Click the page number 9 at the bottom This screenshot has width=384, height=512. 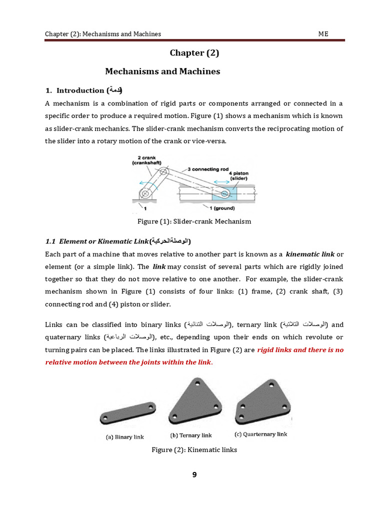pos(194,475)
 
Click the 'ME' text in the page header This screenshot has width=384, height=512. pos(323,34)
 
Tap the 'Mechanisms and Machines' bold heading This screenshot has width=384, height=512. pos(162,71)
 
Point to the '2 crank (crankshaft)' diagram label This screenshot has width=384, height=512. pos(146,160)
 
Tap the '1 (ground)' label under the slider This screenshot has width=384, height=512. pos(222,208)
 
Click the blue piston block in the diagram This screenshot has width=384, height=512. pos(222,193)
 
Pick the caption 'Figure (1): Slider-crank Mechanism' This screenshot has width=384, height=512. pos(194,221)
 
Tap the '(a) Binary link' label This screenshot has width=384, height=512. pos(124,437)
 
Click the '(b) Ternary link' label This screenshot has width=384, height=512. pos(191,435)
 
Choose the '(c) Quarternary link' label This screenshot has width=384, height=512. pos(261,434)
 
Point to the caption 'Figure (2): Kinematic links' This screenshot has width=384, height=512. pos(194,450)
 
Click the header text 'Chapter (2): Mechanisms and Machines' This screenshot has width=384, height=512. pos(103,34)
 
